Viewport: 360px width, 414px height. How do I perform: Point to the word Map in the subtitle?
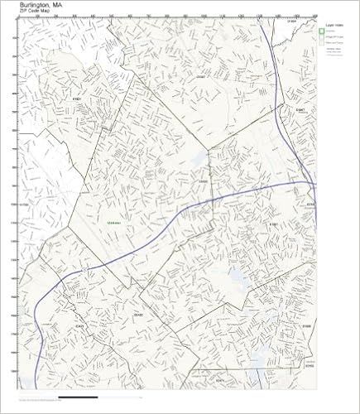[51, 12]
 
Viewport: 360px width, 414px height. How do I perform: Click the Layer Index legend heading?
[334, 26]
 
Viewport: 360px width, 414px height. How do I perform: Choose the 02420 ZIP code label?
[139, 315]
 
